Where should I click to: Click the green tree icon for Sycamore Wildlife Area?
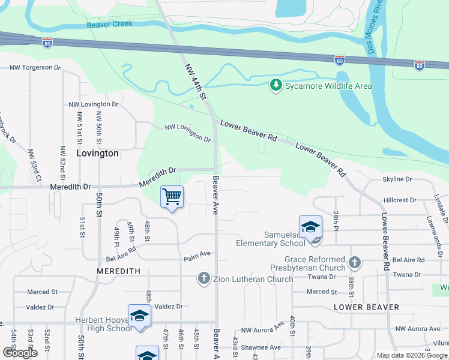click(x=276, y=85)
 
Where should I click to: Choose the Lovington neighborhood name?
click(x=98, y=153)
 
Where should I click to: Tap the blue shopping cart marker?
click(x=172, y=197)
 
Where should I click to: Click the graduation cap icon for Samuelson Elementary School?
click(x=310, y=228)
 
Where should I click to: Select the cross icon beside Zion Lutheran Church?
click(x=204, y=278)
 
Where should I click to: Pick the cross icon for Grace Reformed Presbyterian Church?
click(x=355, y=262)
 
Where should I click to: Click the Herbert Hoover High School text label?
click(x=103, y=324)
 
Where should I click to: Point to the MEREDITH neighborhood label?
click(x=118, y=271)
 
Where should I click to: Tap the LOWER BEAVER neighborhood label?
click(x=366, y=307)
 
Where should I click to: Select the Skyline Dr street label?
click(x=397, y=179)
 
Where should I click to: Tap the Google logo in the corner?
click(x=20, y=353)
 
